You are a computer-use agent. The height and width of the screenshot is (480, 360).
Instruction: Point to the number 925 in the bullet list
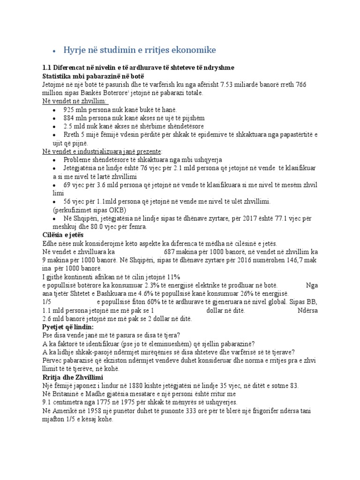click(69, 110)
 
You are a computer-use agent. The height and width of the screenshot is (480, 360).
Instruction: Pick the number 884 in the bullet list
click(69, 118)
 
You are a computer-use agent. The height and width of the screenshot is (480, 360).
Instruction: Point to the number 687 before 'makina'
click(171, 252)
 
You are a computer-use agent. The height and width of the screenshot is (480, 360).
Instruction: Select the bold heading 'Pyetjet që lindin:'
click(68, 327)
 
